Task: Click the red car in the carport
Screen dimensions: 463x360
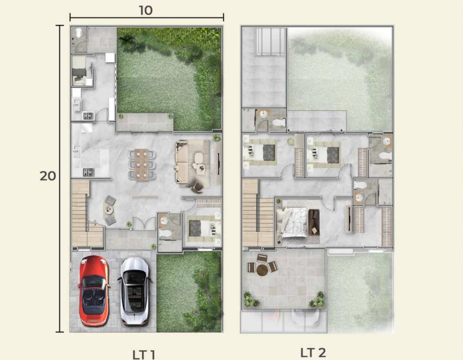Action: [x=94, y=291]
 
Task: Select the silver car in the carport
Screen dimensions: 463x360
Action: [x=135, y=291]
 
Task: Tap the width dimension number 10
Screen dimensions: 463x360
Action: [x=146, y=11]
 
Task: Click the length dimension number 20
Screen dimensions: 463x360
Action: [x=48, y=176]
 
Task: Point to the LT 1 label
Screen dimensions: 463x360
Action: [x=144, y=354]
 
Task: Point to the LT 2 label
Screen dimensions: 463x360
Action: [x=313, y=353]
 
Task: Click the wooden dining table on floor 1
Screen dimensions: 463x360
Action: [x=142, y=164]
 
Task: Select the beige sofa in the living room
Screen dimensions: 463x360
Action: [x=182, y=162]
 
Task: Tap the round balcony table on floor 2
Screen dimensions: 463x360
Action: [x=262, y=270]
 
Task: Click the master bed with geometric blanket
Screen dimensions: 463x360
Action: [x=292, y=222]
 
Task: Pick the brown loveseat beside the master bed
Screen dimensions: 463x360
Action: [x=314, y=222]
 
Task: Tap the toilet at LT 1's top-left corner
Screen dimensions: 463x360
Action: [x=78, y=33]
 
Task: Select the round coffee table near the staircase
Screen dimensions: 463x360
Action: [x=110, y=210]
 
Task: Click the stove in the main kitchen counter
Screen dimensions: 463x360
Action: [x=88, y=172]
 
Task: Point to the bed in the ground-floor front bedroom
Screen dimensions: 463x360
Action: [x=205, y=228]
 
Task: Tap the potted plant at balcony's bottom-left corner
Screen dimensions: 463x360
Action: [x=251, y=299]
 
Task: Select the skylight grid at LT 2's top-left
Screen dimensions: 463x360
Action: [x=271, y=42]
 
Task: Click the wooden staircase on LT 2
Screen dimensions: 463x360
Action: [x=258, y=213]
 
